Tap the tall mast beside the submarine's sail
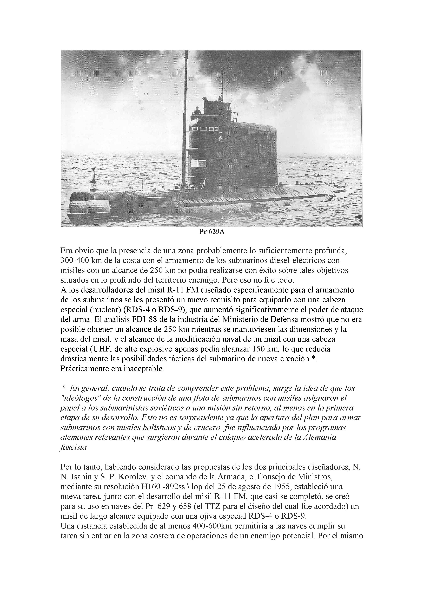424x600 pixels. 185,118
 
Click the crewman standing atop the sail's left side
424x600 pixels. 197,111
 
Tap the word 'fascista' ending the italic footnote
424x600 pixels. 73,447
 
